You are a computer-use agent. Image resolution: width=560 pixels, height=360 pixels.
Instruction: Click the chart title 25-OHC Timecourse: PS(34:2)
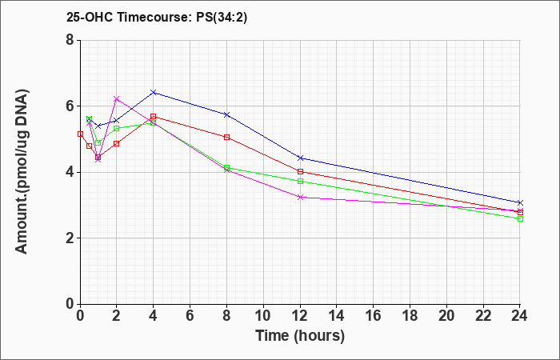coord(157,17)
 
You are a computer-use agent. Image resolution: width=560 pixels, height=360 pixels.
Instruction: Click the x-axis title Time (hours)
coord(300,336)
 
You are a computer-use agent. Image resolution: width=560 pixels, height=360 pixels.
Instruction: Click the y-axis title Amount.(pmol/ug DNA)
coord(22,172)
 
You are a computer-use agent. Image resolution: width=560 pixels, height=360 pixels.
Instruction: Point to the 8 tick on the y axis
coord(70,40)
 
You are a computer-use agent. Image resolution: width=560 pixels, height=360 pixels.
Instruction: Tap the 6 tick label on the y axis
coord(70,106)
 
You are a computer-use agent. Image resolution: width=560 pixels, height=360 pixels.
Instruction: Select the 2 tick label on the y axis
coord(70,238)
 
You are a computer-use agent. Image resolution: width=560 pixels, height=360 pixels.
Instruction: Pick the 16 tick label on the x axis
coord(373,316)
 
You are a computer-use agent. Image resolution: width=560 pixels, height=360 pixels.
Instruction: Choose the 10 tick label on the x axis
coord(263,316)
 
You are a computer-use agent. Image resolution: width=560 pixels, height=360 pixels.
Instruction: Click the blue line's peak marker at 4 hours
coord(154,93)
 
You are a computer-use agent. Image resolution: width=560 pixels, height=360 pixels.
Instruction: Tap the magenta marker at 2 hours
coord(117,98)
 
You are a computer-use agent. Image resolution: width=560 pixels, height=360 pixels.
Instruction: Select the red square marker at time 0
coord(80,134)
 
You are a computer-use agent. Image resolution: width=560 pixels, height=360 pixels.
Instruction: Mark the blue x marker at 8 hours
coord(226,114)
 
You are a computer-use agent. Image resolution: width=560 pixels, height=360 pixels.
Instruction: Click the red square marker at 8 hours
coord(226,137)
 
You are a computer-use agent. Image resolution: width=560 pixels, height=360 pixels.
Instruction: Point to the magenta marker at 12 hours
coord(300,197)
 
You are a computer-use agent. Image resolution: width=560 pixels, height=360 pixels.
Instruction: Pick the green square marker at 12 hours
coord(300,182)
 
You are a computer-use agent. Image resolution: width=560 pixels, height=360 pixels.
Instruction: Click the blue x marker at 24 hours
coord(520,202)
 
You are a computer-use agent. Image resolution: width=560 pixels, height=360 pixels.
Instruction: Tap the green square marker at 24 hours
coord(520,218)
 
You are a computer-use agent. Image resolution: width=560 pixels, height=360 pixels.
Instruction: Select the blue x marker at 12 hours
coord(300,158)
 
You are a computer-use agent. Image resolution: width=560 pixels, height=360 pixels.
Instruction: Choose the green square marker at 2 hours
coord(117,128)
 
